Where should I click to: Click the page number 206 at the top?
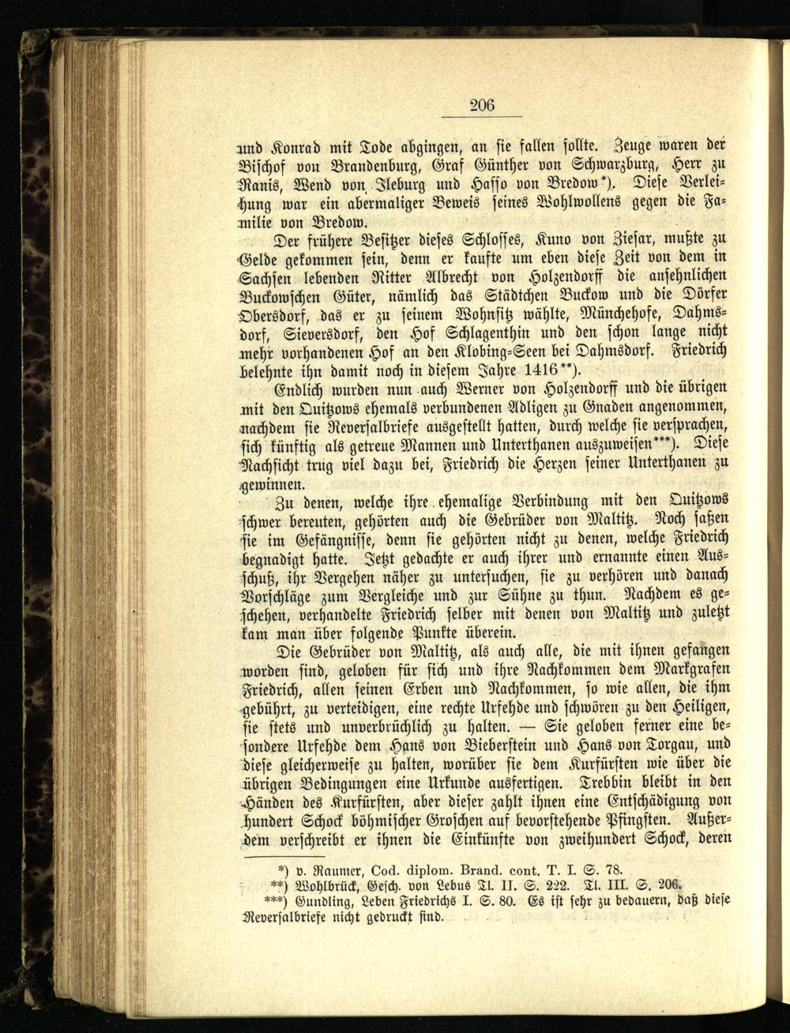(x=482, y=104)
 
